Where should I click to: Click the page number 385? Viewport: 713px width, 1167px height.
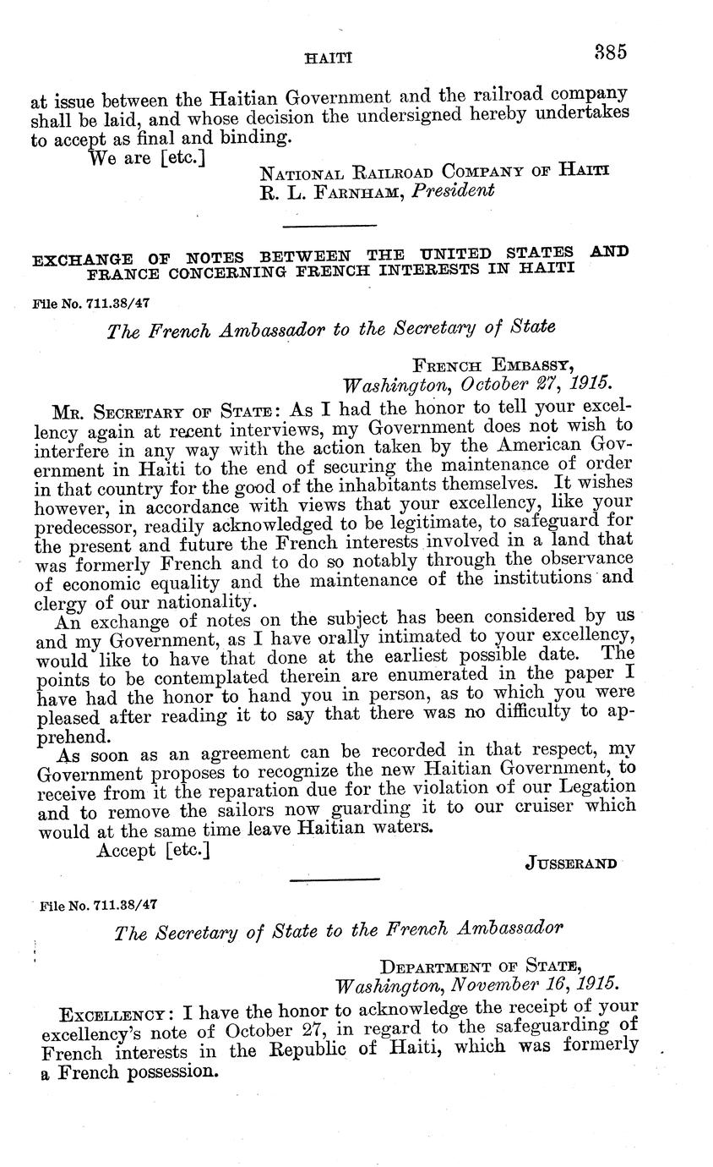coord(609,52)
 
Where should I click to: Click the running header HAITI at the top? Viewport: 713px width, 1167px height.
coord(328,58)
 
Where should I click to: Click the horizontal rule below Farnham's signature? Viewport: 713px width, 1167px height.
coord(329,226)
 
